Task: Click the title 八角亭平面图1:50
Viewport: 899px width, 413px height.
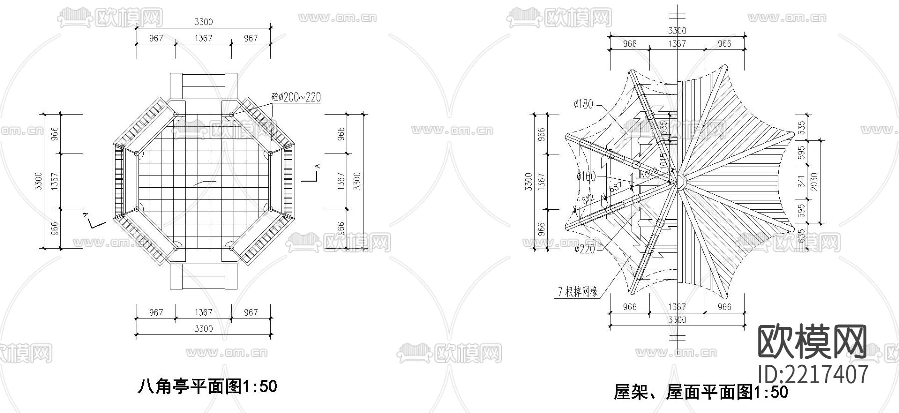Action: [x=206, y=386]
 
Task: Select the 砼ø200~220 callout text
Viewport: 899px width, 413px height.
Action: [x=296, y=97]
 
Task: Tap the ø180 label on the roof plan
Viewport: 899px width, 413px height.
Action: [x=584, y=104]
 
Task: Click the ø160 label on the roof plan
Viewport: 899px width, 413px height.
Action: [x=586, y=176]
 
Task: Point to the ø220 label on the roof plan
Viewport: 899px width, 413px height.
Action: [x=585, y=248]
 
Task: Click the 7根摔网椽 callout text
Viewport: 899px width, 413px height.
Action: [x=578, y=292]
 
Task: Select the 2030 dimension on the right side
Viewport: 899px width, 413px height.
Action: [x=814, y=181]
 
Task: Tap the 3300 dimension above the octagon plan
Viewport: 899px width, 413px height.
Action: [x=203, y=22]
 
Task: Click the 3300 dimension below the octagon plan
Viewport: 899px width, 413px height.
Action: [x=203, y=328]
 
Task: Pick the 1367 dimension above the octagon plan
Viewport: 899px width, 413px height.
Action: [x=203, y=38]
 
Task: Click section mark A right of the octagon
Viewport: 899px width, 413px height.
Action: [x=316, y=167]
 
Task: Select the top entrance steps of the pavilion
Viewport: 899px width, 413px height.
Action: [x=203, y=86]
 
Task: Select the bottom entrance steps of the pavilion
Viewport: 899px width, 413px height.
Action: [x=203, y=276]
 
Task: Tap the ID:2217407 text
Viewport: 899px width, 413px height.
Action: [x=813, y=374]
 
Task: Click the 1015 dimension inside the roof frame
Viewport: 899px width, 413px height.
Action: [x=663, y=159]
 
